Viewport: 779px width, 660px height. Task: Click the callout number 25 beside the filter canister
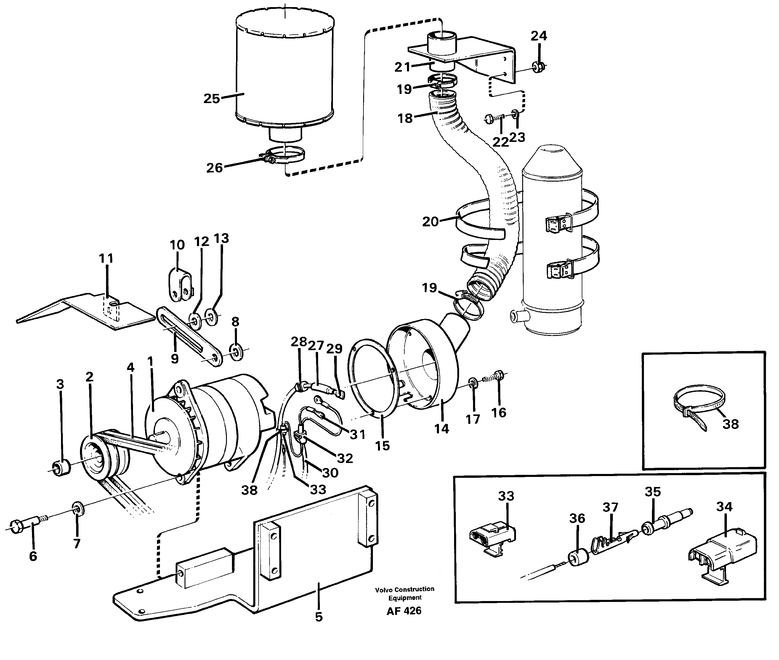(x=211, y=99)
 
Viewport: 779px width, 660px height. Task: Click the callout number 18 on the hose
(x=405, y=118)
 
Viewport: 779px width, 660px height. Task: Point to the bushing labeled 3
(x=62, y=468)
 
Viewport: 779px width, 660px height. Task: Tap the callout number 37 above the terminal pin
(x=610, y=507)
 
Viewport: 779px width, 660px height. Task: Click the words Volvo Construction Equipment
(x=405, y=593)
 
